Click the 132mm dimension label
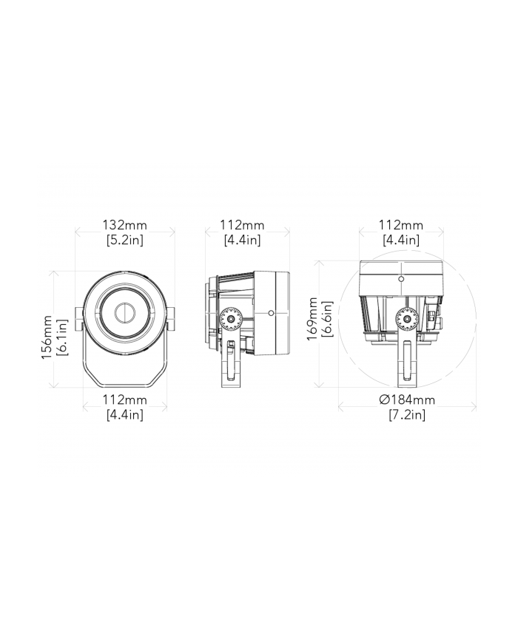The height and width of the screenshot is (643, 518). point(124,225)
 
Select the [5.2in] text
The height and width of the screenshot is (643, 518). point(124,240)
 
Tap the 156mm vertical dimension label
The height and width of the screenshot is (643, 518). point(47,337)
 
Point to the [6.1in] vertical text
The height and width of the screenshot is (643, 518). point(62,337)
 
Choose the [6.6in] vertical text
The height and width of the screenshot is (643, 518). point(327,318)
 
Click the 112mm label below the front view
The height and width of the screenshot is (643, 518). point(124,400)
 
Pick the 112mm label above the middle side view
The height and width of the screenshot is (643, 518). point(242,225)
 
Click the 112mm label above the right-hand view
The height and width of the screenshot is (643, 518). point(400,225)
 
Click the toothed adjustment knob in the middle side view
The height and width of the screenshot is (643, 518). point(232,319)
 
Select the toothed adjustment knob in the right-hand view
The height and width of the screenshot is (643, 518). point(406,319)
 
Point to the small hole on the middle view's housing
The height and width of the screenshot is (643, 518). point(272,313)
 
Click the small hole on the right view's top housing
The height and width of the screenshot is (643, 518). point(400,279)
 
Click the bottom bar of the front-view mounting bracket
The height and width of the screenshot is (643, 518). point(124,386)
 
